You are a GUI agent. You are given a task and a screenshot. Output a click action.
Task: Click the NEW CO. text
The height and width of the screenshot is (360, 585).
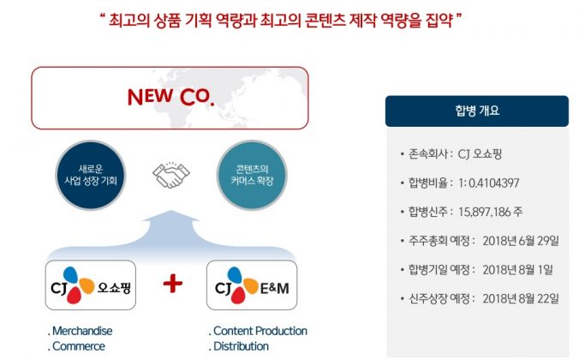170,97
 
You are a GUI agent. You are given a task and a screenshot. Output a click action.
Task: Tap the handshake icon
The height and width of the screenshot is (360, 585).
171,175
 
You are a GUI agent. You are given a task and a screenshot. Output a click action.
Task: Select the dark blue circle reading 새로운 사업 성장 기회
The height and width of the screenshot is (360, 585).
91,175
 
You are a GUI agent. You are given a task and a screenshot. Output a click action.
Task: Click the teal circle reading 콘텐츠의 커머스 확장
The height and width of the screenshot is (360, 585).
252,175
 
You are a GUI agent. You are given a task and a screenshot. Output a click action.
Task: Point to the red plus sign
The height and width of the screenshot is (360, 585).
173,284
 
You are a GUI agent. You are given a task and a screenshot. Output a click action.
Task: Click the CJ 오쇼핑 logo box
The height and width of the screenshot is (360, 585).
91,285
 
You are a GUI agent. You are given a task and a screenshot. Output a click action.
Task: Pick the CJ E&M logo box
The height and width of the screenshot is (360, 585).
252,285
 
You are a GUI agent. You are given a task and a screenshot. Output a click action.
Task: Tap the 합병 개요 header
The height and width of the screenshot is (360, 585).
477,111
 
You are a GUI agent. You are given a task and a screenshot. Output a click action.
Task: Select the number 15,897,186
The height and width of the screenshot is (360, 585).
484,212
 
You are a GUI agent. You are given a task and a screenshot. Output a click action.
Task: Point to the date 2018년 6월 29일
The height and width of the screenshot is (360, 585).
521,241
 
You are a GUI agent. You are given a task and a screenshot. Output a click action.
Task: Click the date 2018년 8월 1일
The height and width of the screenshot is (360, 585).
518,270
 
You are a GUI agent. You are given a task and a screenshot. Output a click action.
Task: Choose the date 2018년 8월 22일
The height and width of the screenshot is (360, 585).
521,298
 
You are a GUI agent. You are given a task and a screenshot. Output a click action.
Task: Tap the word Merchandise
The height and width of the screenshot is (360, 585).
82,331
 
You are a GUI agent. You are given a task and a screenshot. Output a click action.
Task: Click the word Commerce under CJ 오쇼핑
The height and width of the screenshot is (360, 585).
79,346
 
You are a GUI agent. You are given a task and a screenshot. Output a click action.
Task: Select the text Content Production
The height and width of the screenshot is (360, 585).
260,331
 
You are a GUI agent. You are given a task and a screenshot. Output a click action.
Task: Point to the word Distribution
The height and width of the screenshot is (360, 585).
241,346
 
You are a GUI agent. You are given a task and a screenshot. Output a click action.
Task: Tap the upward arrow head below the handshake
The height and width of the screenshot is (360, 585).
171,216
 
